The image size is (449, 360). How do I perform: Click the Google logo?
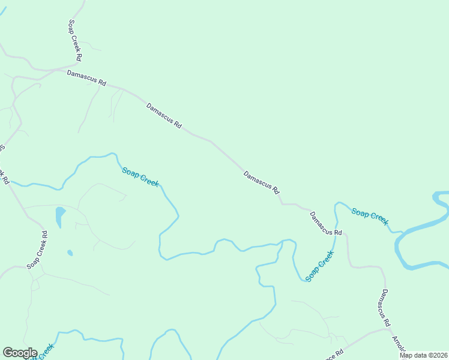(20, 353)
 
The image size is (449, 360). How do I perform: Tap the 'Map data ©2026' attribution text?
(423, 355)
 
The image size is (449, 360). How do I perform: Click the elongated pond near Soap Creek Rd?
(60, 217)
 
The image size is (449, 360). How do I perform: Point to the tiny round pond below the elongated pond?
(70, 253)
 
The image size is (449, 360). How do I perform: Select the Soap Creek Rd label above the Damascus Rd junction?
(74, 41)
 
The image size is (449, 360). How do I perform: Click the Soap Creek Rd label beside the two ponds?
(37, 250)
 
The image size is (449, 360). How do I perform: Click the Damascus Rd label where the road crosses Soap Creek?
(326, 224)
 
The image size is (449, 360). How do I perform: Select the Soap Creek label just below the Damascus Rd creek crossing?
(319, 267)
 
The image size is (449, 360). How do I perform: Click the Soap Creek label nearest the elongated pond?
(140, 177)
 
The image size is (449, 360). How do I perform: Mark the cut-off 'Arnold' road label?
(400, 344)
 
